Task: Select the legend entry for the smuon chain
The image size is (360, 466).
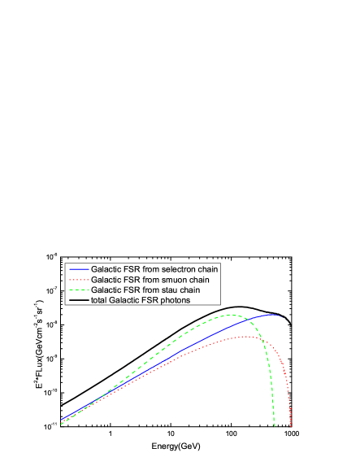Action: point(150,280)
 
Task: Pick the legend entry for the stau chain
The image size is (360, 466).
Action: point(145,290)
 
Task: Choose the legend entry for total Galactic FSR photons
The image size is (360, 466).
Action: point(141,301)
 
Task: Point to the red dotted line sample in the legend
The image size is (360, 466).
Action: point(79,280)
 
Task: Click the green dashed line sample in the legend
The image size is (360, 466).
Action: point(79,290)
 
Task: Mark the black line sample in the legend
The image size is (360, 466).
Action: point(79,301)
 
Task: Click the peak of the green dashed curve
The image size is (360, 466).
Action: point(232,315)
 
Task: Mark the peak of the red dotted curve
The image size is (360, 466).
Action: point(246,337)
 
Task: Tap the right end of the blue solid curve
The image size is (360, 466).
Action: point(281,316)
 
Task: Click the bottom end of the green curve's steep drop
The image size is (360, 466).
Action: point(275,425)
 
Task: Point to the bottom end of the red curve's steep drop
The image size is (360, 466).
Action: point(290,425)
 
